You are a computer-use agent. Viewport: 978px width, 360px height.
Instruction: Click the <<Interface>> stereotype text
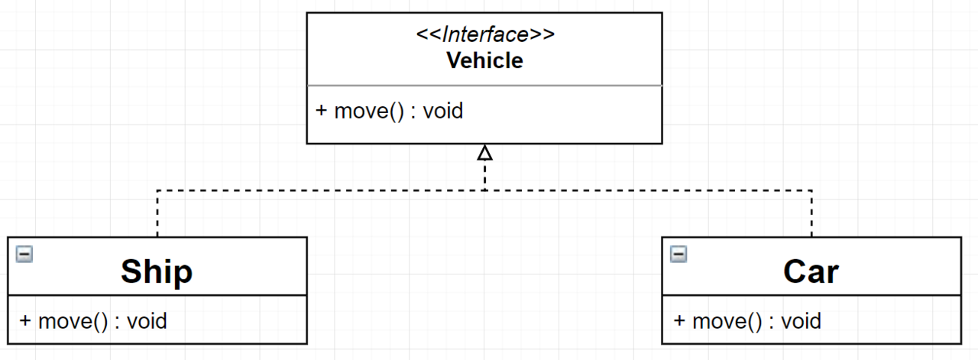click(x=484, y=35)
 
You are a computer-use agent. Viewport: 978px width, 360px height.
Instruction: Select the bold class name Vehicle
click(x=484, y=60)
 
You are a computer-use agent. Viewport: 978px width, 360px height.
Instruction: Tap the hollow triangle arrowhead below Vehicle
click(x=484, y=154)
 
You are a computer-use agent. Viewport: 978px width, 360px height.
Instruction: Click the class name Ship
click(x=157, y=271)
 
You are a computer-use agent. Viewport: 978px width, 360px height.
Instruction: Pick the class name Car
click(x=811, y=271)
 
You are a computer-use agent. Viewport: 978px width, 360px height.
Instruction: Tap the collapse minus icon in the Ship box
click(x=24, y=254)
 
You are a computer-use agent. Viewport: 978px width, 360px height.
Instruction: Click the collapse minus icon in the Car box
click(x=678, y=254)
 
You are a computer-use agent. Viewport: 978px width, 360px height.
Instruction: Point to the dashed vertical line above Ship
click(x=157, y=214)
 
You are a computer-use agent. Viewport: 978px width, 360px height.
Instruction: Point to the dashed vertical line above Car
click(x=811, y=214)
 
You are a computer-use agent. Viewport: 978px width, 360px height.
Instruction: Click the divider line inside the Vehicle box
click(x=484, y=86)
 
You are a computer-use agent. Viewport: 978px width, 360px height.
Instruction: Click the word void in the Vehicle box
click(x=443, y=111)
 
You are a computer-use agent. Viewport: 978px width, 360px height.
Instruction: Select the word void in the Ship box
click(x=147, y=320)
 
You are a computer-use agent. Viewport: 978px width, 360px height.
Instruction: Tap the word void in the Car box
click(x=801, y=320)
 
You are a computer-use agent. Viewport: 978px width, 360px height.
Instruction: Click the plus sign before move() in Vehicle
click(x=322, y=111)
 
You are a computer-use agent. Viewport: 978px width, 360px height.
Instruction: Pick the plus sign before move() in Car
click(x=679, y=320)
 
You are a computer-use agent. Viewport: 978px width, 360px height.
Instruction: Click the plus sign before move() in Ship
click(x=25, y=320)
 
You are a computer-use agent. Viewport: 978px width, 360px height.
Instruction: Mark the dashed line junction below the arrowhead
click(x=484, y=190)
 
